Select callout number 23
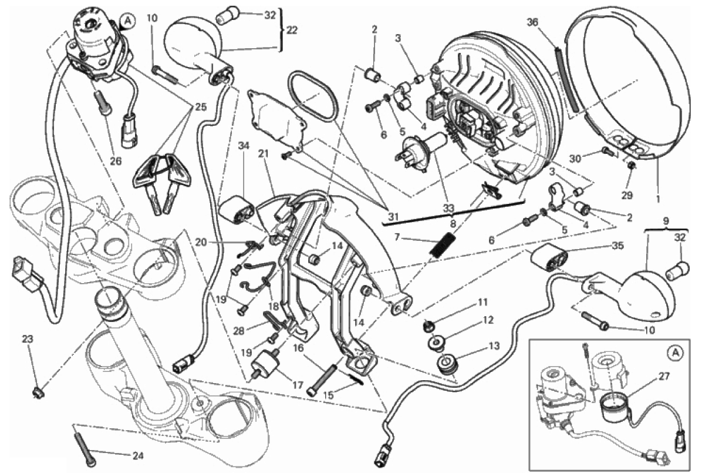click(x=28, y=338)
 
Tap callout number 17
click(x=297, y=385)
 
